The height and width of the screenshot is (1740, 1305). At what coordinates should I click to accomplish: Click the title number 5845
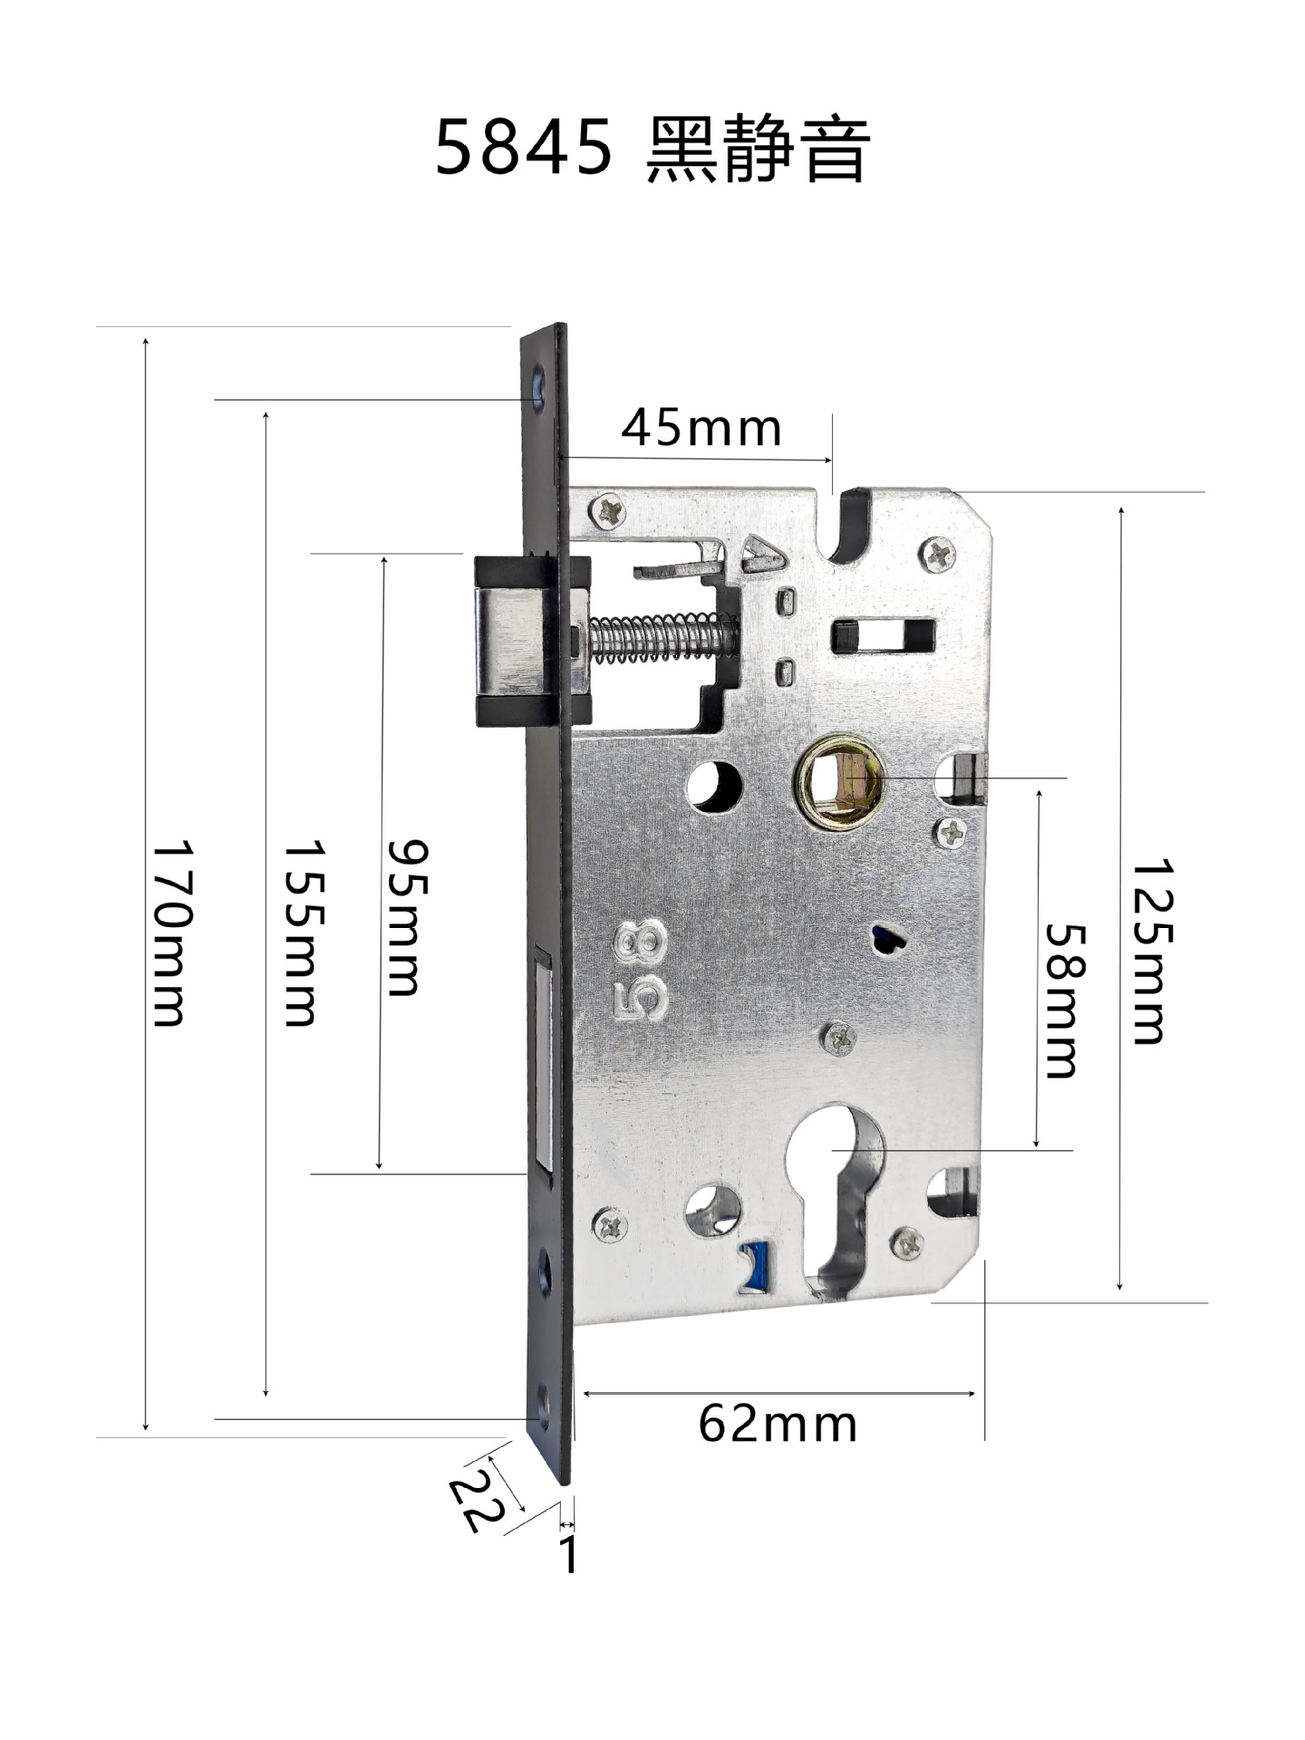[524, 148]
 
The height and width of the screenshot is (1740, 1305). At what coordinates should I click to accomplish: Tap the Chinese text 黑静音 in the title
[758, 148]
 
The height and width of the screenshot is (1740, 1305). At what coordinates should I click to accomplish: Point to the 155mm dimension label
[303, 933]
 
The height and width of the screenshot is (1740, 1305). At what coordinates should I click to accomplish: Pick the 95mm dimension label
[404, 917]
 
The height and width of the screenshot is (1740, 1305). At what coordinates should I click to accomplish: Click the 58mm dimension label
[1064, 1000]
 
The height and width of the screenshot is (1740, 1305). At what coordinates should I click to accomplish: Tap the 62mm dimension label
[777, 1424]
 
